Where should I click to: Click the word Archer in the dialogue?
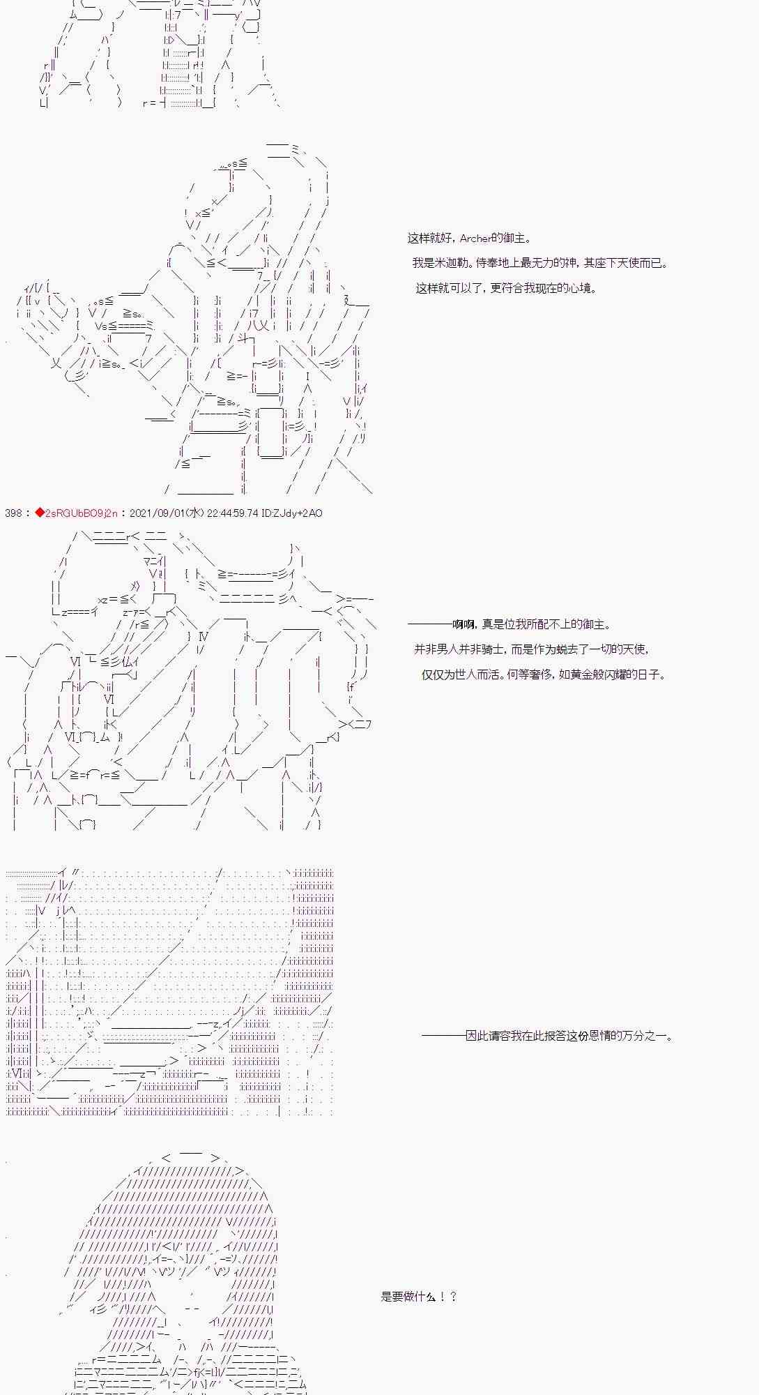point(475,239)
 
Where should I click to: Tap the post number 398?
point(13,513)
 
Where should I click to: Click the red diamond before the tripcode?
point(39,513)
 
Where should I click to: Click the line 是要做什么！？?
point(418,1297)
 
